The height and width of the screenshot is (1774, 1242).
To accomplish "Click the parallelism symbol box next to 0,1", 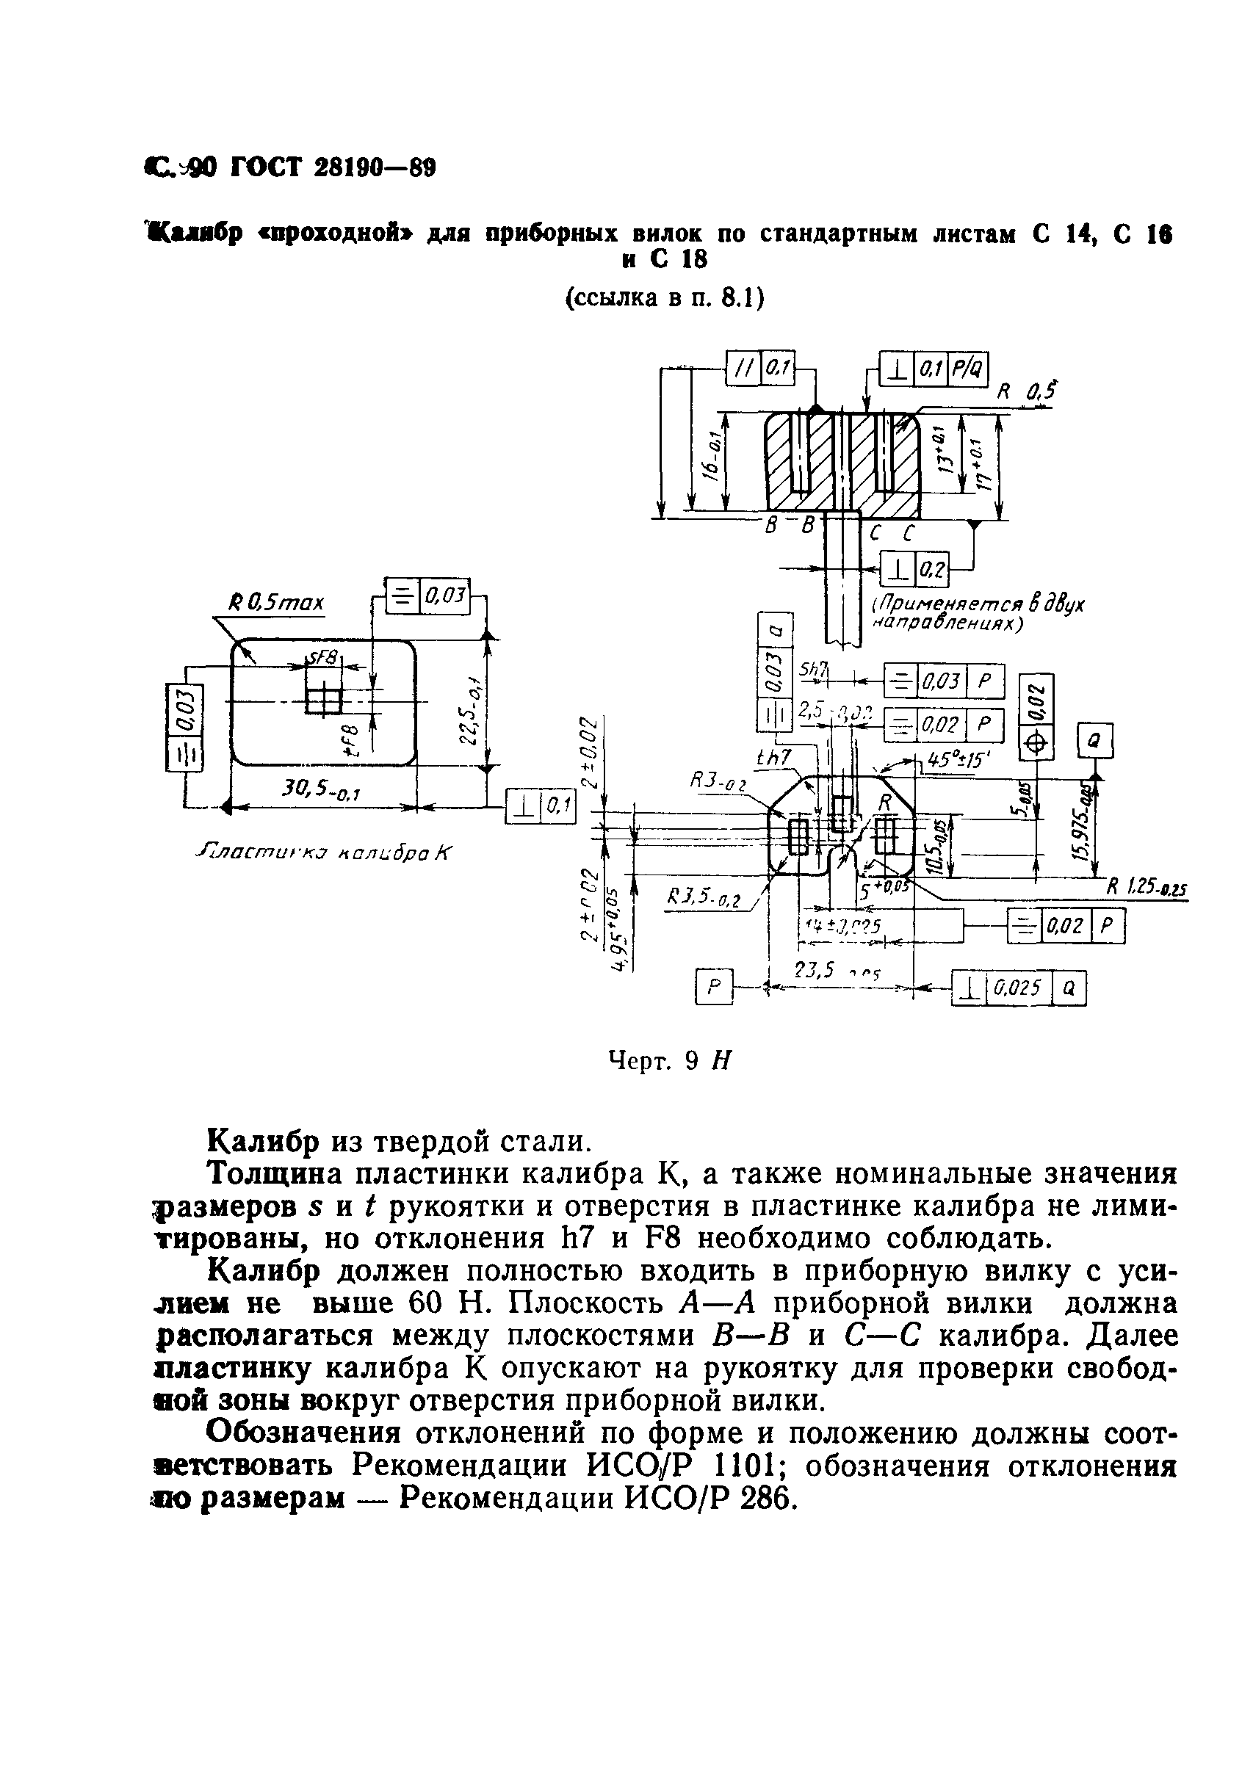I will click(x=744, y=369).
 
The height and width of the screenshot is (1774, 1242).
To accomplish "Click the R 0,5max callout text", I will click(x=277, y=602).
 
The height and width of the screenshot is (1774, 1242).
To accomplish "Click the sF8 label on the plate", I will click(x=324, y=657).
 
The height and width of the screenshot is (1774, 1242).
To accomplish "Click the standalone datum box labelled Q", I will click(x=1095, y=741).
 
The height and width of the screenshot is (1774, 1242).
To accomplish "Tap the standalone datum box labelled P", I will click(x=713, y=987).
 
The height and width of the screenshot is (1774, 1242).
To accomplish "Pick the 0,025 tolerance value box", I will click(x=1018, y=988).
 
